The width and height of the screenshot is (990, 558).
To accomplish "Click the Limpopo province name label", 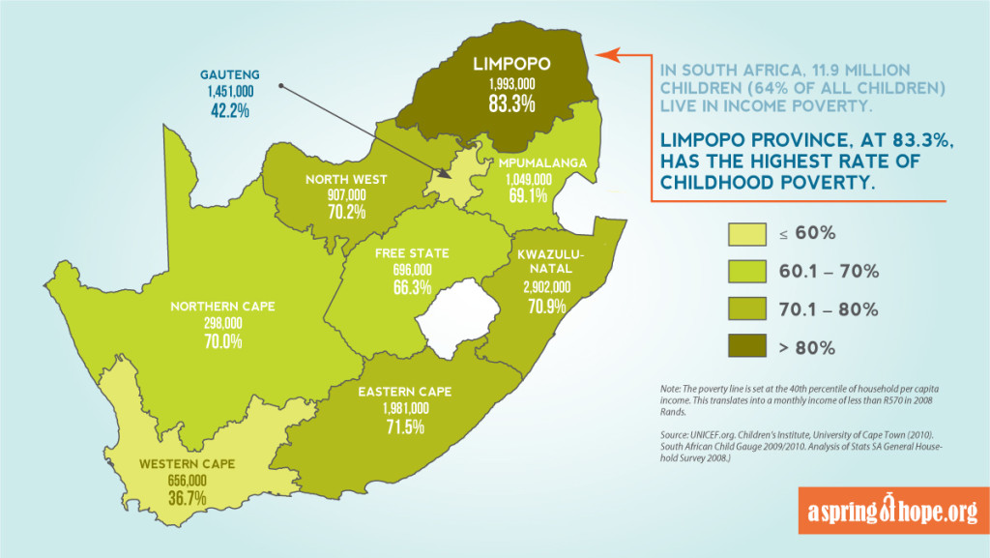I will point(511,65).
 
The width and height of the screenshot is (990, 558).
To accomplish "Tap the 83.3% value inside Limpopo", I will point(511,103).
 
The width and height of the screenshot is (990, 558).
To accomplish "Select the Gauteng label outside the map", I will point(228,73).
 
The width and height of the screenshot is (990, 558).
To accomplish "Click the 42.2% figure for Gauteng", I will point(228,110).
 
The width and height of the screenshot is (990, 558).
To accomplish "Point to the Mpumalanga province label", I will point(542,163).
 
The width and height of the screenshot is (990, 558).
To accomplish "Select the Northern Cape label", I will point(222,307).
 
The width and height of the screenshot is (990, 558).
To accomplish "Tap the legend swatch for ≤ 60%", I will point(745,233).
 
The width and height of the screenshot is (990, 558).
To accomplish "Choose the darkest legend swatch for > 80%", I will point(745,346).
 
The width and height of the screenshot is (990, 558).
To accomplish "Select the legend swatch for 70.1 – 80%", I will point(745,309).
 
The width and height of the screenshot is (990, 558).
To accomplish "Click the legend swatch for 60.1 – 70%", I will point(745,272).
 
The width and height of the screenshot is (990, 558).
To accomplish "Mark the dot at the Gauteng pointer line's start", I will point(279,85).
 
